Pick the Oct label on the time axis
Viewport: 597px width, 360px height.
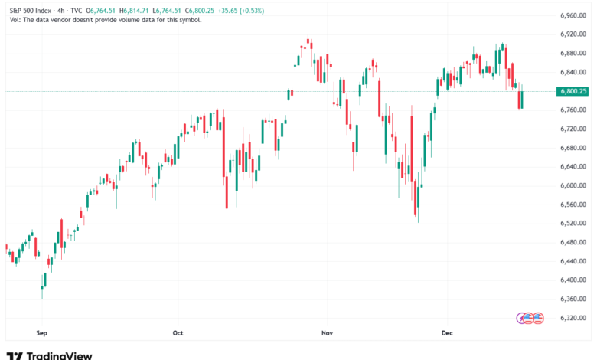tap(178, 333)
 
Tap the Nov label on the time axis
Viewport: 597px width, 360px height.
tap(328, 333)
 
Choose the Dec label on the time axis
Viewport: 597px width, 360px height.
tap(449, 333)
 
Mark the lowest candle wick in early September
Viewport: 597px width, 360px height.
tap(42, 294)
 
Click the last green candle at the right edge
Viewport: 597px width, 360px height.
tap(520, 100)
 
